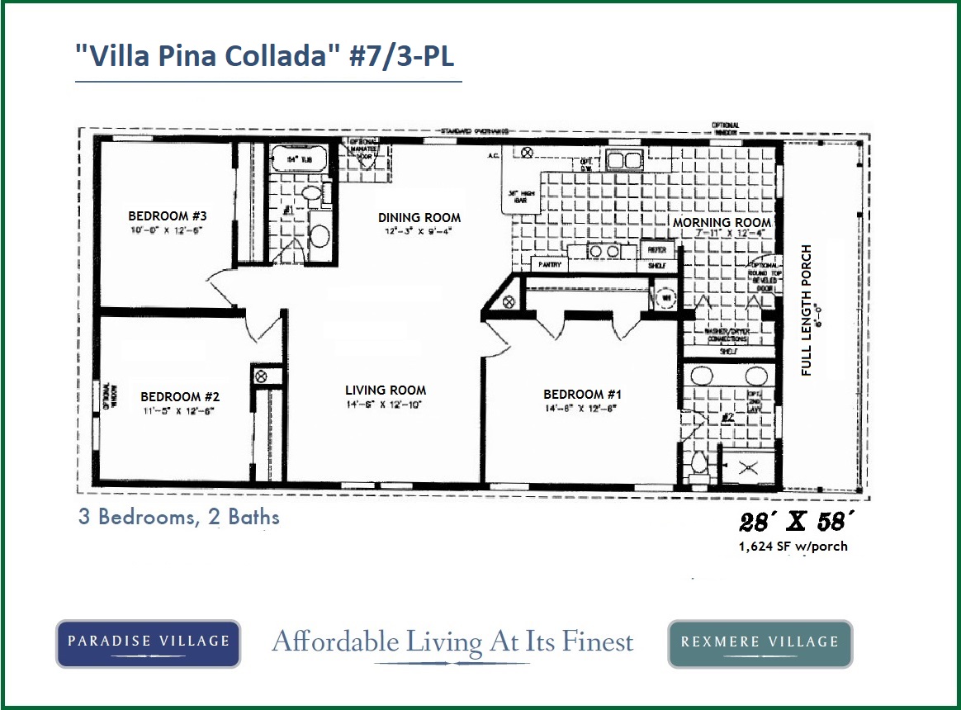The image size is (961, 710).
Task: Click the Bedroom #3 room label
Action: click(167, 216)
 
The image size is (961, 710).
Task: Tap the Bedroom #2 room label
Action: click(180, 396)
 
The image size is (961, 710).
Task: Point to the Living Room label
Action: click(386, 390)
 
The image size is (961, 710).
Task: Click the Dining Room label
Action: click(419, 218)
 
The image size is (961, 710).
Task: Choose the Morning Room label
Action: click(722, 223)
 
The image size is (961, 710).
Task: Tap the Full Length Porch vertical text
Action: click(807, 310)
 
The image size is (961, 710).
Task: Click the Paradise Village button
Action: click(148, 641)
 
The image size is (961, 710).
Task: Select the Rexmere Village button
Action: click(760, 642)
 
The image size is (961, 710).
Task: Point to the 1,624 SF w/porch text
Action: click(793, 546)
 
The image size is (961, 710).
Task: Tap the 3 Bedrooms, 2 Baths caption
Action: click(179, 518)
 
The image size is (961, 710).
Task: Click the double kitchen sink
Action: click(624, 159)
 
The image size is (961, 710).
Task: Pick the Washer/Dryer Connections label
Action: click(727, 335)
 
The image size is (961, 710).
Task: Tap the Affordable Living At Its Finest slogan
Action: click(452, 641)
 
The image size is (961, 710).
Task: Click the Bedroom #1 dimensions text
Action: click(581, 409)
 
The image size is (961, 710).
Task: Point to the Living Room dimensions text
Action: click(385, 405)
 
